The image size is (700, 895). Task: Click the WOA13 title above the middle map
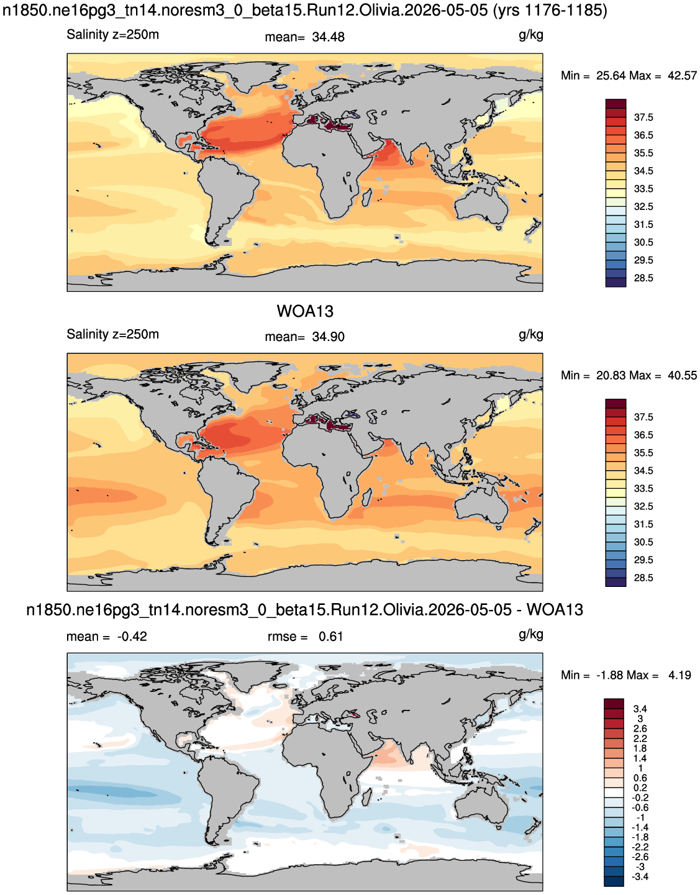(305, 311)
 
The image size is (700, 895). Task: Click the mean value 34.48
(328, 37)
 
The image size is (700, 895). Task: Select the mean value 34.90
(328, 337)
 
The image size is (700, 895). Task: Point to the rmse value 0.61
(330, 637)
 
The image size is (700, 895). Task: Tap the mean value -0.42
(132, 637)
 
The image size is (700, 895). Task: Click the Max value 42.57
(682, 76)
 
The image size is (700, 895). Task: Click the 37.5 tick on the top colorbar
(643, 117)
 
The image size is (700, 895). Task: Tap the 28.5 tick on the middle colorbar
(643, 578)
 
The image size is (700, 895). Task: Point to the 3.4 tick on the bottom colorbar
(640, 709)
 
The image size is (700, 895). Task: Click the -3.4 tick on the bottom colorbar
(640, 876)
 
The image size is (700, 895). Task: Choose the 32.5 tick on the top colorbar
(643, 207)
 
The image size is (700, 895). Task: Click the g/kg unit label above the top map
(531, 35)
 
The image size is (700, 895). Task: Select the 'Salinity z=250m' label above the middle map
(113, 334)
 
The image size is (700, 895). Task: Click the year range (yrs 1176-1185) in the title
(550, 10)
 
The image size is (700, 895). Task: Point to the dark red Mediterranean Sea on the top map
(329, 125)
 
